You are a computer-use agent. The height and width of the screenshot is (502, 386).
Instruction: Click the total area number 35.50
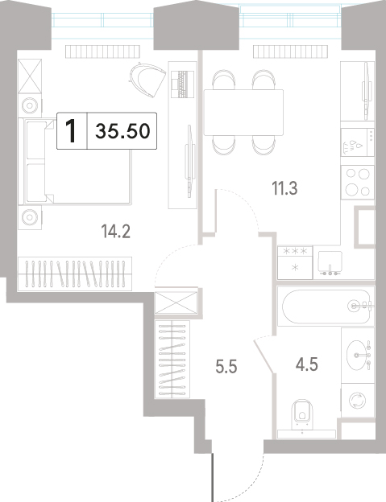click(x=122, y=131)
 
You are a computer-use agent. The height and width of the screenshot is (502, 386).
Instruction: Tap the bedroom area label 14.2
click(x=115, y=231)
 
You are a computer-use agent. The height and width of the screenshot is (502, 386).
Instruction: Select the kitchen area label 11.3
click(x=284, y=188)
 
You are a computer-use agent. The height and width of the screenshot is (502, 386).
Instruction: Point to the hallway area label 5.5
click(x=226, y=367)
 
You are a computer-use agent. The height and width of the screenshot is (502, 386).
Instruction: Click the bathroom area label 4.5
click(x=307, y=364)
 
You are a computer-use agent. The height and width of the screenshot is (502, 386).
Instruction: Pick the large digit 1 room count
click(x=71, y=131)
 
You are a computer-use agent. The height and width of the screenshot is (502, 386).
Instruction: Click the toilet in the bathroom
click(x=302, y=414)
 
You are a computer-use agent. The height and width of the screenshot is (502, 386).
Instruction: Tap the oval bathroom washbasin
click(x=356, y=355)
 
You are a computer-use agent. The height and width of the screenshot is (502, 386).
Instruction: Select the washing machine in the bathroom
click(x=358, y=401)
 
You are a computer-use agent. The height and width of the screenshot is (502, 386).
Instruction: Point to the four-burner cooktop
click(x=358, y=182)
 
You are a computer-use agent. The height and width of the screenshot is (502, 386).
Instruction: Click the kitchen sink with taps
click(x=330, y=263)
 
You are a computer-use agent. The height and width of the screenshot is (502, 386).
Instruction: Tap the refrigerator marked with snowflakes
click(x=295, y=262)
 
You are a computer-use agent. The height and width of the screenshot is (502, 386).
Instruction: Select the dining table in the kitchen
click(x=243, y=113)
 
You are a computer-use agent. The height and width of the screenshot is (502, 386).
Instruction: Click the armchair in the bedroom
click(x=147, y=80)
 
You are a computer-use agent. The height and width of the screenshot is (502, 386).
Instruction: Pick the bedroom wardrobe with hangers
click(x=75, y=274)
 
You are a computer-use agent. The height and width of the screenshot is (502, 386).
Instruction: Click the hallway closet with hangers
click(x=172, y=360)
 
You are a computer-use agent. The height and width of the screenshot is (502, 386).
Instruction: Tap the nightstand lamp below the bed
click(x=30, y=217)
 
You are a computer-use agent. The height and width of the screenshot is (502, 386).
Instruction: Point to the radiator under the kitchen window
click(x=290, y=51)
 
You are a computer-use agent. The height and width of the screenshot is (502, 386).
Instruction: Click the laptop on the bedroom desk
click(x=183, y=84)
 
